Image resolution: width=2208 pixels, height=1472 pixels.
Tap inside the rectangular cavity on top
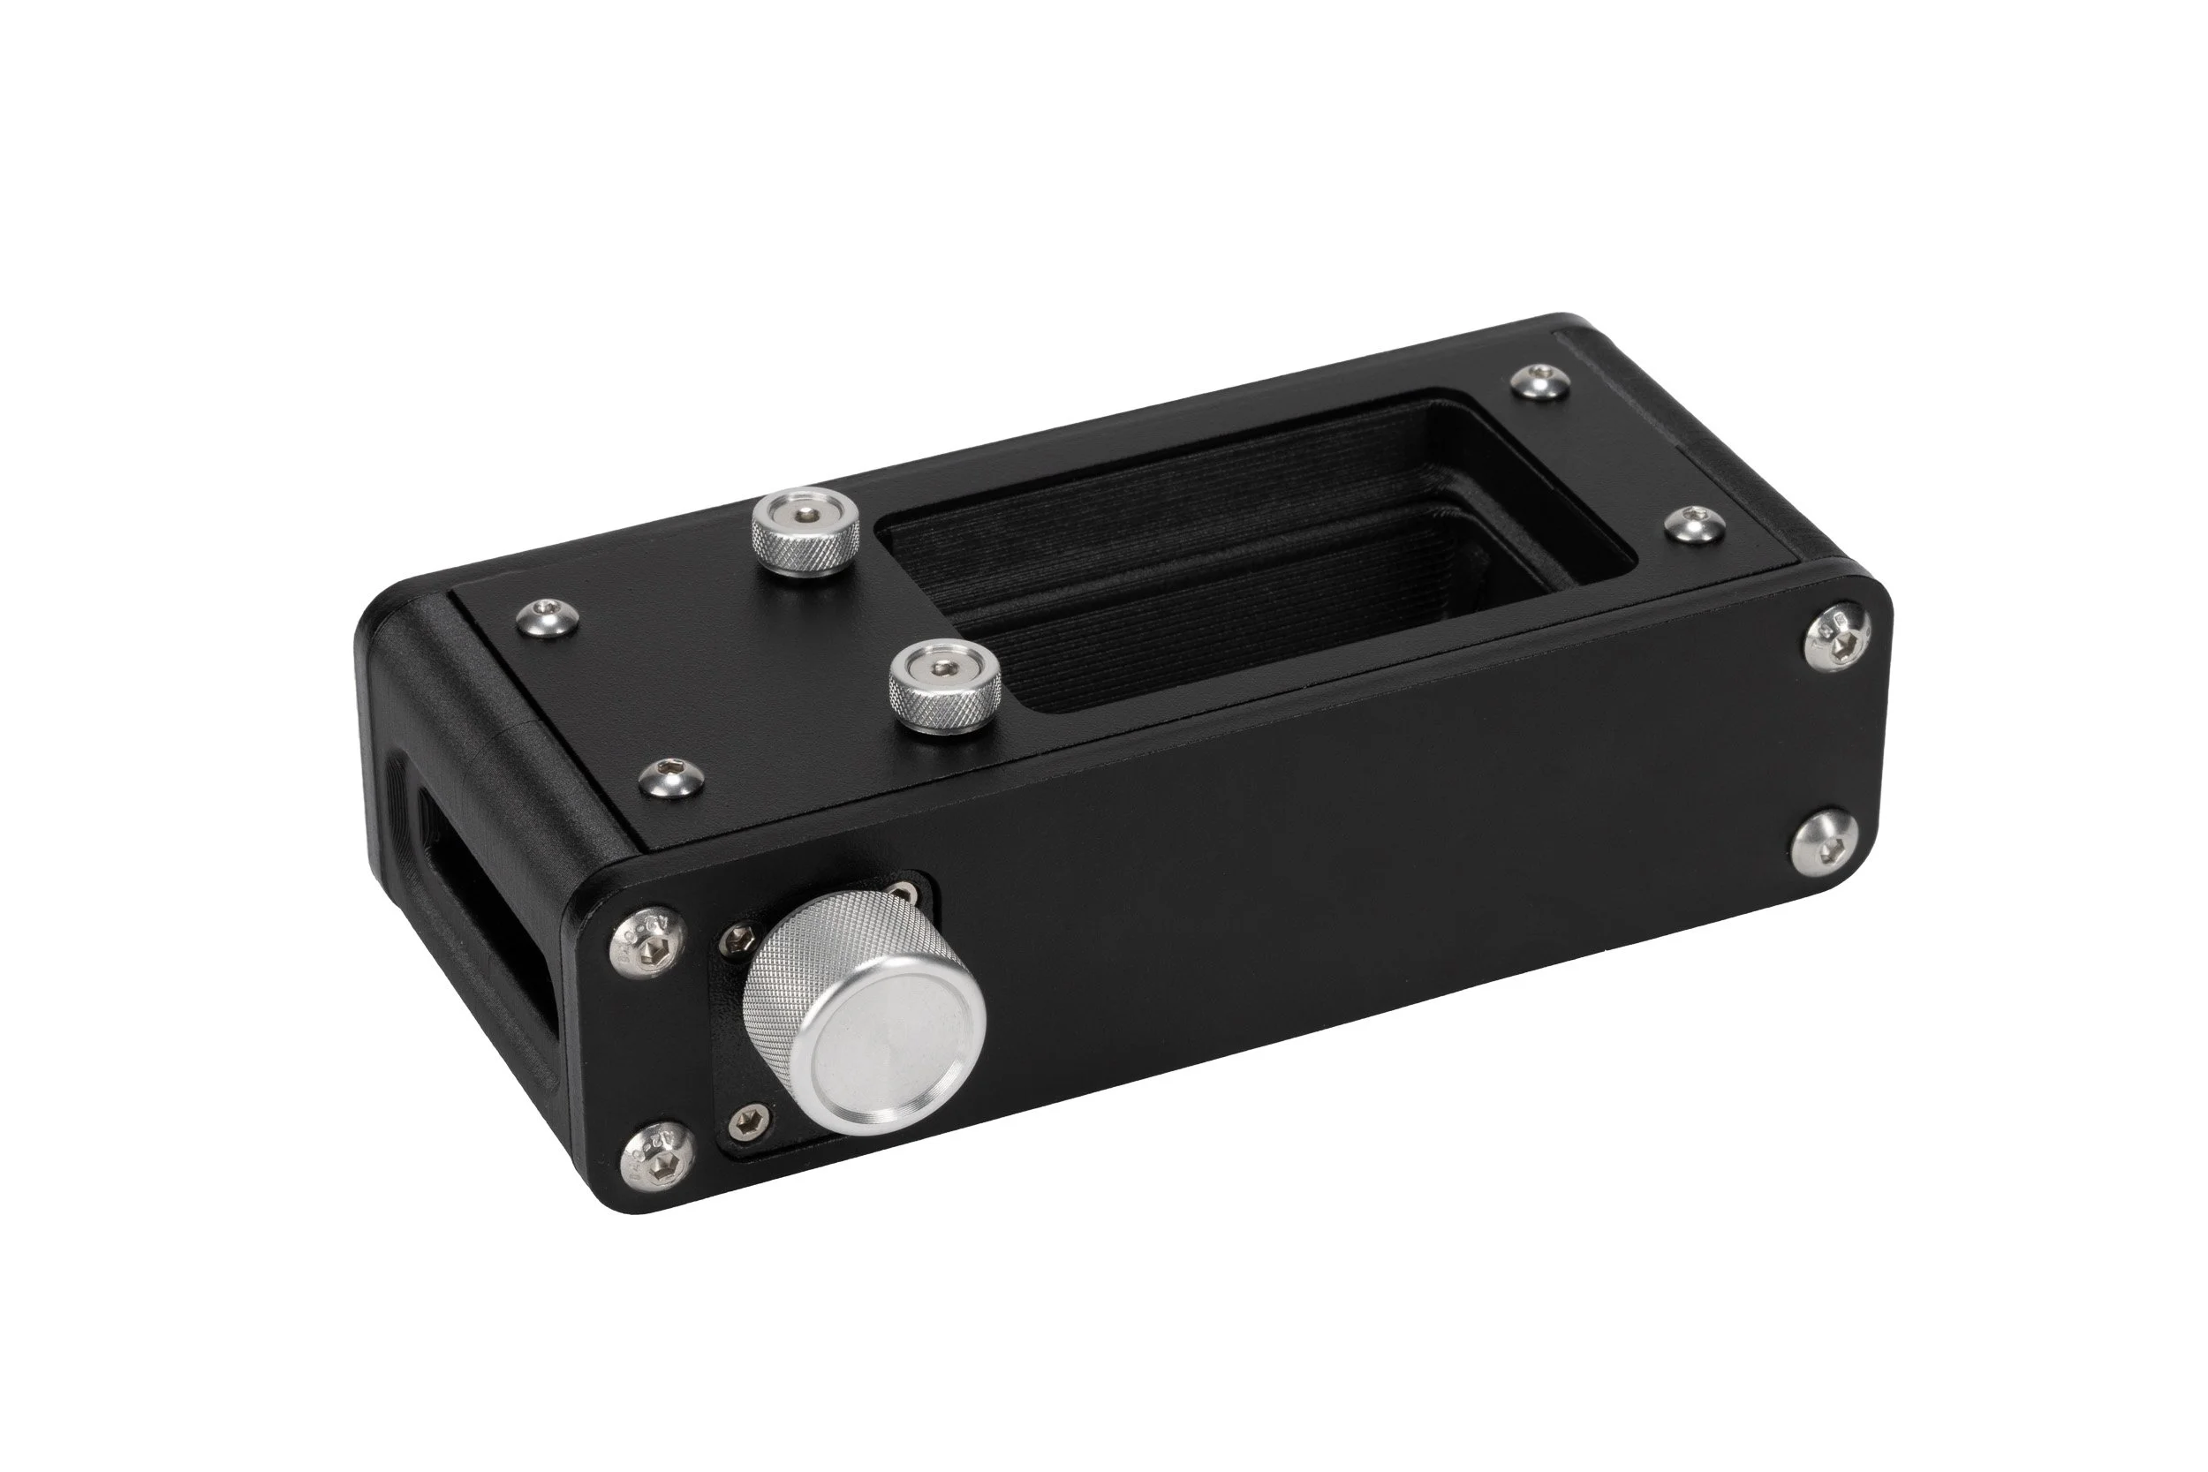coord(1249,563)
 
